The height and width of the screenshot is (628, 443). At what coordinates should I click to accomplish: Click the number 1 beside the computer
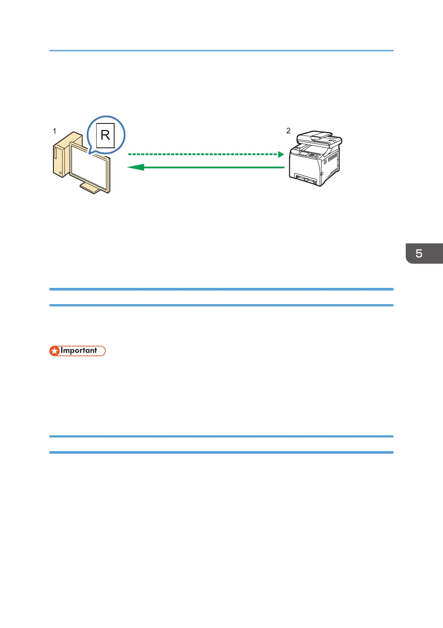pyautogui.click(x=54, y=131)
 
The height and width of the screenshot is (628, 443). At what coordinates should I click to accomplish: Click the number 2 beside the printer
pyautogui.click(x=288, y=130)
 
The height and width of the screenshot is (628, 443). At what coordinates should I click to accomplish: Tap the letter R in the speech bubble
pyautogui.click(x=105, y=135)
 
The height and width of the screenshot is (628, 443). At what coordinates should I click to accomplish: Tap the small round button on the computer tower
pyautogui.click(x=61, y=173)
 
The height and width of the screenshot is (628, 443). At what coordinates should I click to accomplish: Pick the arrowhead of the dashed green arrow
pyautogui.click(x=281, y=154)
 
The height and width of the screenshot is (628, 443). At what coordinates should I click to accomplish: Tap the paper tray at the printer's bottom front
pyautogui.click(x=306, y=179)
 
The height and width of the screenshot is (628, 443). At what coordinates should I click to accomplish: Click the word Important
pyautogui.click(x=79, y=351)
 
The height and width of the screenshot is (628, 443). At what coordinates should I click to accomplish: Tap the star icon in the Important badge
pyautogui.click(x=55, y=351)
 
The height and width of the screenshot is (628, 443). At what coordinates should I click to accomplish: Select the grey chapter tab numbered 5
pyautogui.click(x=424, y=253)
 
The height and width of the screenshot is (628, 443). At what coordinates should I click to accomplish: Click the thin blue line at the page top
pyautogui.click(x=221, y=50)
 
